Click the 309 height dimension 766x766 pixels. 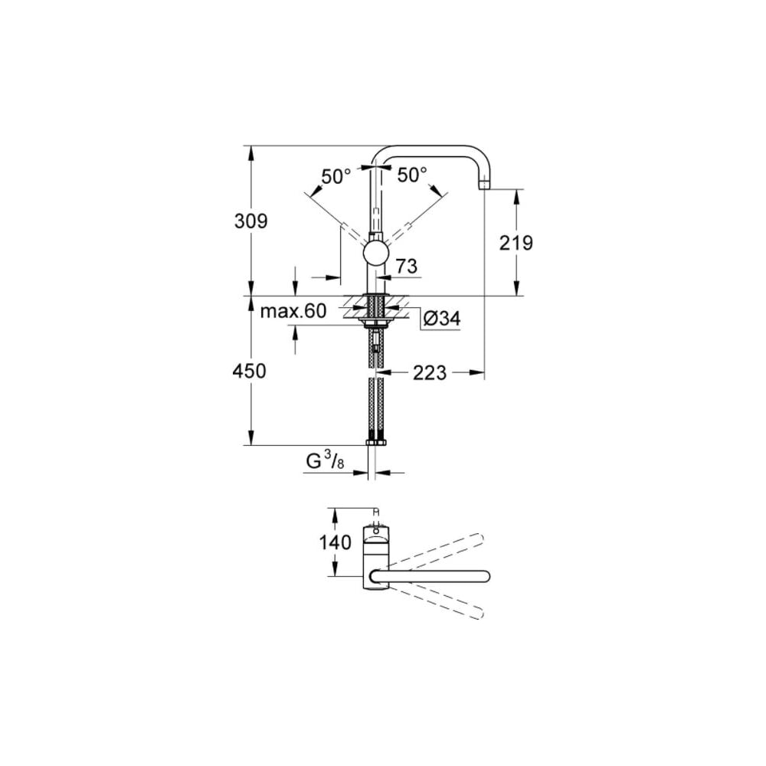[x=251, y=222]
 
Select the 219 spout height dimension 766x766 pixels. [x=516, y=243]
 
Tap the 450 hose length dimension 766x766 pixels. [x=250, y=372]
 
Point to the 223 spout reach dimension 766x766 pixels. [x=430, y=373]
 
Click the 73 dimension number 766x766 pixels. [x=406, y=267]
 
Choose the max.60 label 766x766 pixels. [x=293, y=311]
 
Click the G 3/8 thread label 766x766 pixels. [x=325, y=462]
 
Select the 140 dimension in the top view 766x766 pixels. [x=335, y=542]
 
